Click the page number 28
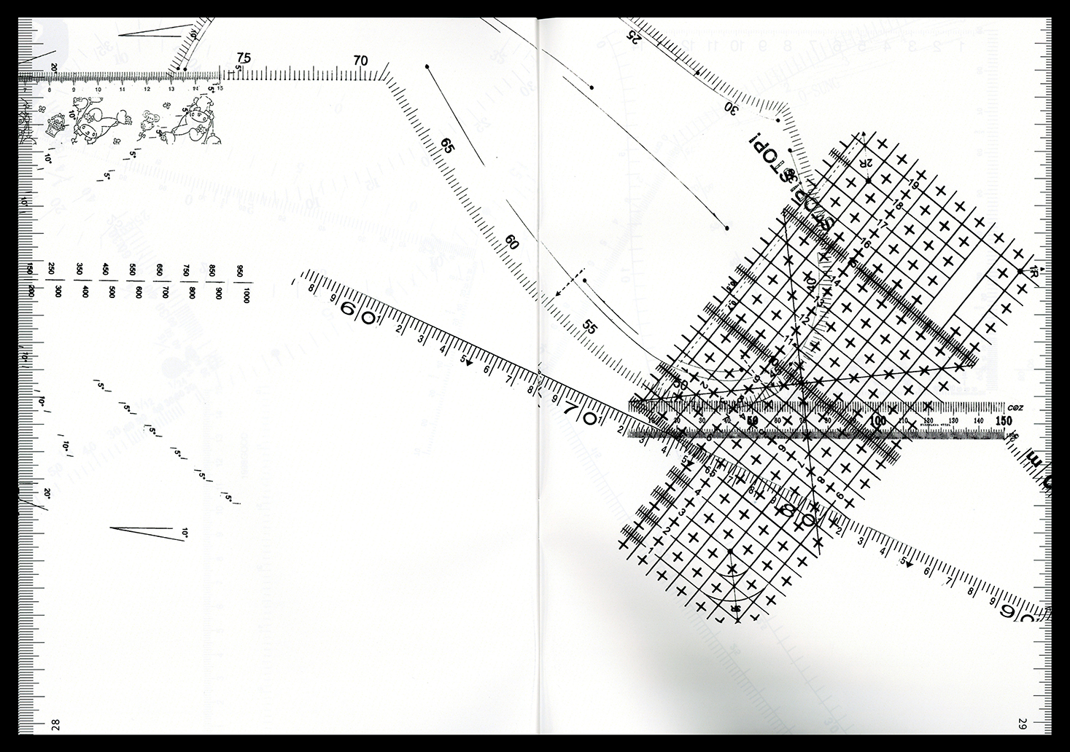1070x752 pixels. coord(55,724)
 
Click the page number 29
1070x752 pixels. coord(1023,724)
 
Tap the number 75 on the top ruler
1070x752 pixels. coord(244,58)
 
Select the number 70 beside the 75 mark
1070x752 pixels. coord(360,61)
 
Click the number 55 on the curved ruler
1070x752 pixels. coord(590,327)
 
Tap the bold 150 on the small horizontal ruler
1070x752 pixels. coord(1003,421)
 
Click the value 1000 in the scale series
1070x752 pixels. coord(247,295)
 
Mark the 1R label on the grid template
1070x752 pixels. coord(1034,273)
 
